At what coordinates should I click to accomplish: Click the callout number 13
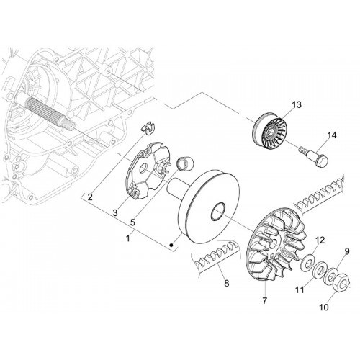tap(297, 105)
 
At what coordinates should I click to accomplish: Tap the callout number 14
tap(331, 135)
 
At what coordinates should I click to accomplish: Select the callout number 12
tap(320, 240)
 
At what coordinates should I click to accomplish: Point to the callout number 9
tap(347, 251)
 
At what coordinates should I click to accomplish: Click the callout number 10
tap(324, 307)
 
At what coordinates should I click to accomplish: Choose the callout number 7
tap(264, 301)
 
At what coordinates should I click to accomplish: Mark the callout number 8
tap(227, 283)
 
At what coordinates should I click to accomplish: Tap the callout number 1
tap(128, 238)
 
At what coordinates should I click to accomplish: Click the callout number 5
tap(132, 222)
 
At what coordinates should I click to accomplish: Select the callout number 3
tap(115, 212)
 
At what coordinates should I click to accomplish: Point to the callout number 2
tap(90, 197)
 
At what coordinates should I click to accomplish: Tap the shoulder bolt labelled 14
tap(312, 156)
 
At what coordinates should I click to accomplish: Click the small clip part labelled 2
tap(148, 127)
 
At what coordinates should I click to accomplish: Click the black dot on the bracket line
tap(171, 245)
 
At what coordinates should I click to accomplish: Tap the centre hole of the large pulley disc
tap(217, 211)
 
